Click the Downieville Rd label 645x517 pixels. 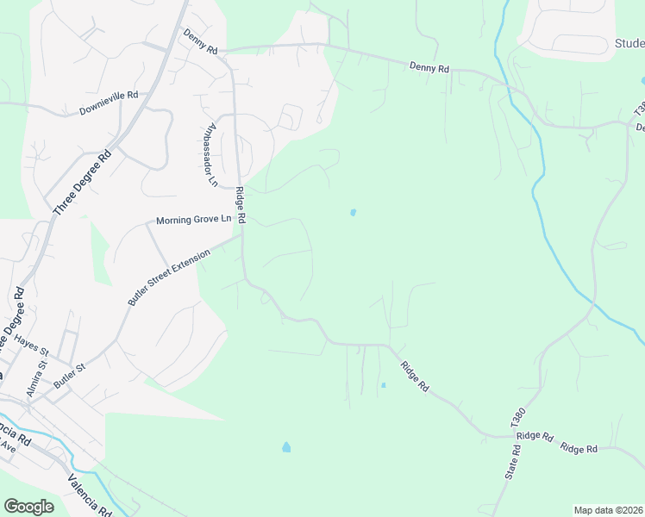109,103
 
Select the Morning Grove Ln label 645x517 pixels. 194,221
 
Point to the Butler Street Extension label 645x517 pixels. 169,277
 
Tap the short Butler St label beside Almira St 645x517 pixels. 70,376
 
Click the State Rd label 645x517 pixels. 512,463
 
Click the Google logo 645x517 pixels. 29,507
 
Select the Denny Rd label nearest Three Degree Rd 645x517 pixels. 200,40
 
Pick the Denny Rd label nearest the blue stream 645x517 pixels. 429,66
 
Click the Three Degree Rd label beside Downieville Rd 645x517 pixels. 82,184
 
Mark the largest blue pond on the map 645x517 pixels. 286,447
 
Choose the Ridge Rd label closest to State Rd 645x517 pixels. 535,436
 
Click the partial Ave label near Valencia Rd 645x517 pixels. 8,448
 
